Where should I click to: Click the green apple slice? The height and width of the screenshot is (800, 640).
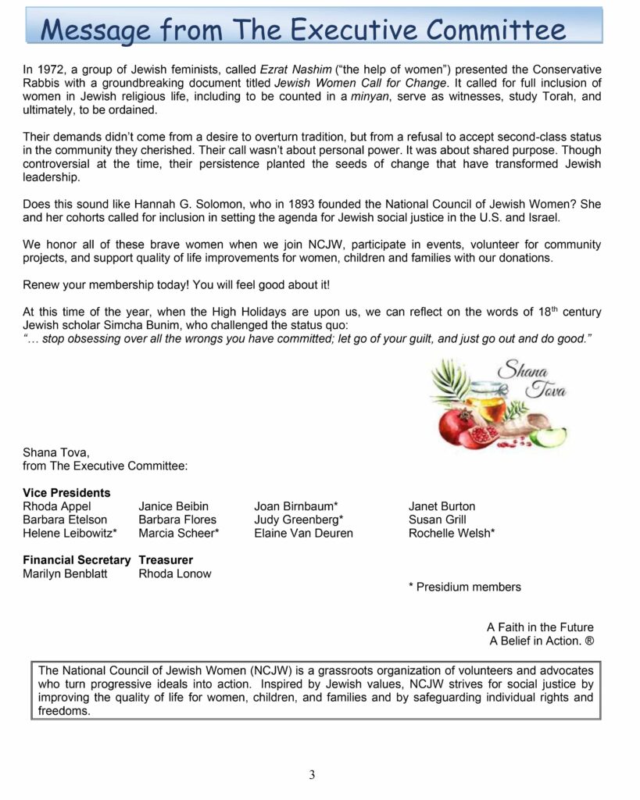(x=549, y=436)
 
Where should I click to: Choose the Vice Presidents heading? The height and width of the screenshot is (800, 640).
(x=66, y=493)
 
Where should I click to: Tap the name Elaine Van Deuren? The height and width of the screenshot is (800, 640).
(x=303, y=533)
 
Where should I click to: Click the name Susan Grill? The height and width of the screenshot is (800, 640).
(x=437, y=520)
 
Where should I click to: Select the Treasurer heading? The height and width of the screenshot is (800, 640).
(x=166, y=560)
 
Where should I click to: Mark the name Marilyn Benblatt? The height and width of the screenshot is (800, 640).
(x=66, y=573)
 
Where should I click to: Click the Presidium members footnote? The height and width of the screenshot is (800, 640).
(x=464, y=587)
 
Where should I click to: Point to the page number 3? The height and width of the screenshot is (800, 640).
(x=312, y=775)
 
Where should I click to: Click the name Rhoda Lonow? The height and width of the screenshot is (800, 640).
(x=174, y=573)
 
